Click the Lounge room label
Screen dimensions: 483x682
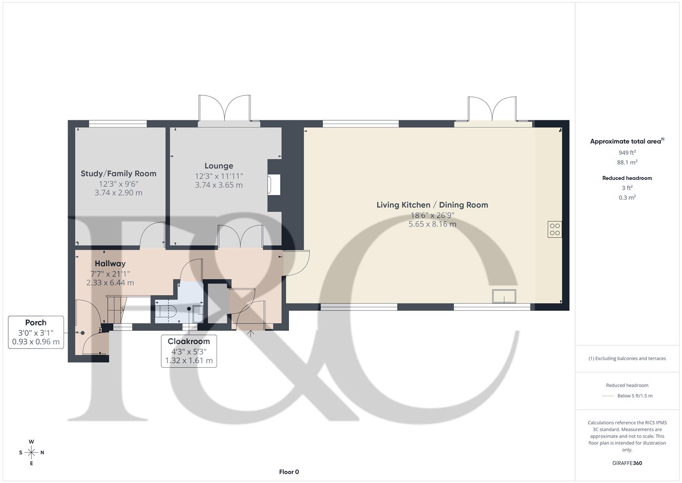click(219, 166)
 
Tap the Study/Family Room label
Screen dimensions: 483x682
click(118, 174)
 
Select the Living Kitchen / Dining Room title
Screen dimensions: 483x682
click(432, 205)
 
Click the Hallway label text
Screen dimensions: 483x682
click(110, 263)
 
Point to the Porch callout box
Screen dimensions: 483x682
click(36, 332)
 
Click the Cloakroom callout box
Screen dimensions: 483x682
click(188, 351)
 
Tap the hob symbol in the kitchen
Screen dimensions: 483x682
click(555, 229)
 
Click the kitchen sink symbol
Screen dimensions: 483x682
click(504, 297)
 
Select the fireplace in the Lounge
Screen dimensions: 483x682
click(273, 185)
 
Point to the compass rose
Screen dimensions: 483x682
click(31, 453)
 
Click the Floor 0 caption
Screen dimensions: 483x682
click(289, 472)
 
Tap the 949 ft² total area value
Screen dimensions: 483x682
click(627, 153)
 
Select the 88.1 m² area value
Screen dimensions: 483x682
click(627, 162)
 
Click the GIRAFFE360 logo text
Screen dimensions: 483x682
click(627, 463)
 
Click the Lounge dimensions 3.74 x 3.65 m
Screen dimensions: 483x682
click(219, 185)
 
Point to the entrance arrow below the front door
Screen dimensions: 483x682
click(251, 334)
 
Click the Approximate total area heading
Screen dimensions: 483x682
click(626, 141)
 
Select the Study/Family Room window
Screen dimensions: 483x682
click(118, 124)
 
